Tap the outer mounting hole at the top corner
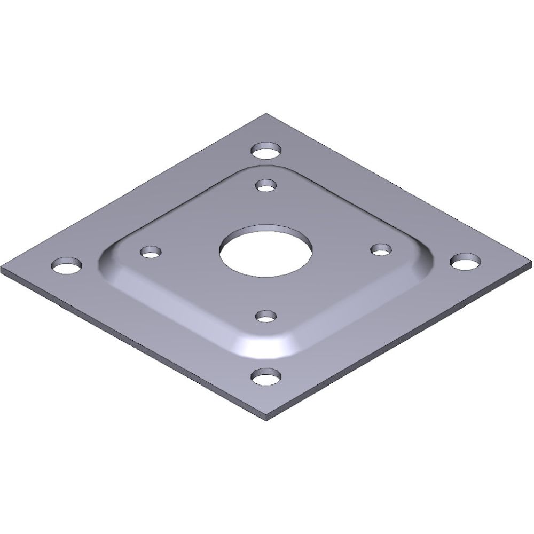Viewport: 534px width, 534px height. (266, 150)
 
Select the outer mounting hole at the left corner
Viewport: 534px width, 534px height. (67, 264)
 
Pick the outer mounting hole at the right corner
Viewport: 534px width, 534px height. (465, 261)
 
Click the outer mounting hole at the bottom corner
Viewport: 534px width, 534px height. (266, 377)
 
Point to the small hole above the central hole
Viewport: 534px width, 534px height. (265, 185)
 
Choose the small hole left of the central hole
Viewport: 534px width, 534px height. (151, 251)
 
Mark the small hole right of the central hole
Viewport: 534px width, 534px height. (381, 249)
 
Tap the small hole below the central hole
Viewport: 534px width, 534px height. (266, 316)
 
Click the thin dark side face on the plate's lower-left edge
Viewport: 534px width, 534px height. (133, 347)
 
